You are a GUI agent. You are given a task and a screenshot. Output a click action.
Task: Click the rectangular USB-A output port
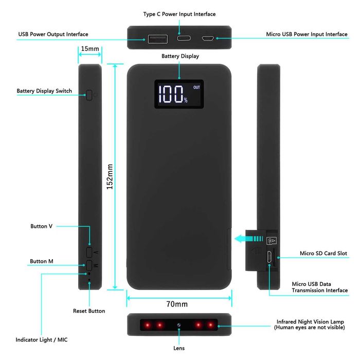click(158, 39)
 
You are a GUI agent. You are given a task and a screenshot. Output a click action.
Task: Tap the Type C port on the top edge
click(184, 38)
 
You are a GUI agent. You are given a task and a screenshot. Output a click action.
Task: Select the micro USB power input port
click(208, 38)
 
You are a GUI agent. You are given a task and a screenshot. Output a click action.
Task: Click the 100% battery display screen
click(179, 94)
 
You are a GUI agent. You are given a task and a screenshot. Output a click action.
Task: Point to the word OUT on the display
click(196, 87)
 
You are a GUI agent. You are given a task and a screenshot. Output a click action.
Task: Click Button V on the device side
click(89, 252)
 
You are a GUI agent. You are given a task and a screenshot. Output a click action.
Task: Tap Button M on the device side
click(89, 265)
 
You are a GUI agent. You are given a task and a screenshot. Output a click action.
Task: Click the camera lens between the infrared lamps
click(179, 325)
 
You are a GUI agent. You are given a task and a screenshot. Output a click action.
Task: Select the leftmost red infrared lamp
click(148, 325)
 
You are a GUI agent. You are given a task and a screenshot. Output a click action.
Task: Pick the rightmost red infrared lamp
click(210, 325)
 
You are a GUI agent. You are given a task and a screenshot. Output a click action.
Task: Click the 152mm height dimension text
click(110, 176)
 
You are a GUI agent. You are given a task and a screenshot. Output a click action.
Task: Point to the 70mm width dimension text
click(177, 304)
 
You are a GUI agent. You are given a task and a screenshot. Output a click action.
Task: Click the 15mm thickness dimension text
click(90, 49)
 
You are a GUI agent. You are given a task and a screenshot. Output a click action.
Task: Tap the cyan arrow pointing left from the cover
click(248, 239)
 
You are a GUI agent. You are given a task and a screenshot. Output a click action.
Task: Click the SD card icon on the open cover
click(272, 241)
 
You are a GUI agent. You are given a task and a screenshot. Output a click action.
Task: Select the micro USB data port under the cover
click(269, 257)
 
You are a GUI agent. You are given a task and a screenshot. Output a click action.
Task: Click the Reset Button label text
click(89, 311)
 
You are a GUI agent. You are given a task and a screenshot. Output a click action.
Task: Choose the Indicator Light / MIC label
click(42, 340)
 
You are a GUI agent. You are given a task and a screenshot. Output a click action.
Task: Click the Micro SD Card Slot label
click(323, 253)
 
